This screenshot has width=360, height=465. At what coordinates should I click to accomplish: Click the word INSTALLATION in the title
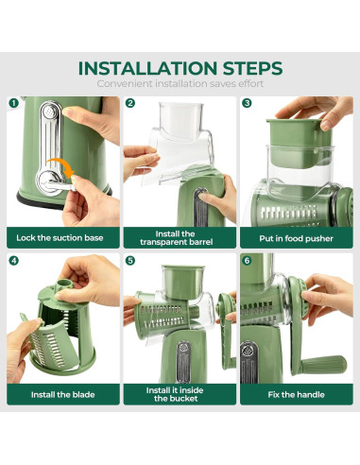[x=147, y=68]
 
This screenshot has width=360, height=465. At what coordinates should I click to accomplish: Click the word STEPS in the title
[x=253, y=68]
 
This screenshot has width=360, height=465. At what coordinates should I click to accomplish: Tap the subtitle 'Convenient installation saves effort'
[x=180, y=84]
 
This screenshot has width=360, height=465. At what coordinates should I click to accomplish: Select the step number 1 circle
[x=13, y=103]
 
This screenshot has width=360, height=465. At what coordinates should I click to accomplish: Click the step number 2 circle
[x=130, y=103]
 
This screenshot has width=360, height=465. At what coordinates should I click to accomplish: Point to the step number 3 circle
[x=247, y=103]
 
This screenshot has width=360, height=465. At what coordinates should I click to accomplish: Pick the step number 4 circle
[x=13, y=261]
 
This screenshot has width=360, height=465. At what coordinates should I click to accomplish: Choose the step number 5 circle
[x=130, y=261]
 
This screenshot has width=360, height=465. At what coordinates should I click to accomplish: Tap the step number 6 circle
[x=247, y=261]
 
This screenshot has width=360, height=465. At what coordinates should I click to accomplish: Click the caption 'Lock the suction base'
[x=60, y=238]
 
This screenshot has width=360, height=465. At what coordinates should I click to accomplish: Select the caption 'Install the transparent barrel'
[x=177, y=238]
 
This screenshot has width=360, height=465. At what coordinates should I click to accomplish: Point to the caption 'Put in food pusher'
[x=296, y=238]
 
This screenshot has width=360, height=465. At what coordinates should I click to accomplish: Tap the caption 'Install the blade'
[x=63, y=395]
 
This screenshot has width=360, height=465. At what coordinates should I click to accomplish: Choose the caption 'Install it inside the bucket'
[x=175, y=394]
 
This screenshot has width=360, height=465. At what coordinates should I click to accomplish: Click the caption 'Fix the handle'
[x=296, y=395]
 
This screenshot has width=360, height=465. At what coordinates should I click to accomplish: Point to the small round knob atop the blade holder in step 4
[x=65, y=284]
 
